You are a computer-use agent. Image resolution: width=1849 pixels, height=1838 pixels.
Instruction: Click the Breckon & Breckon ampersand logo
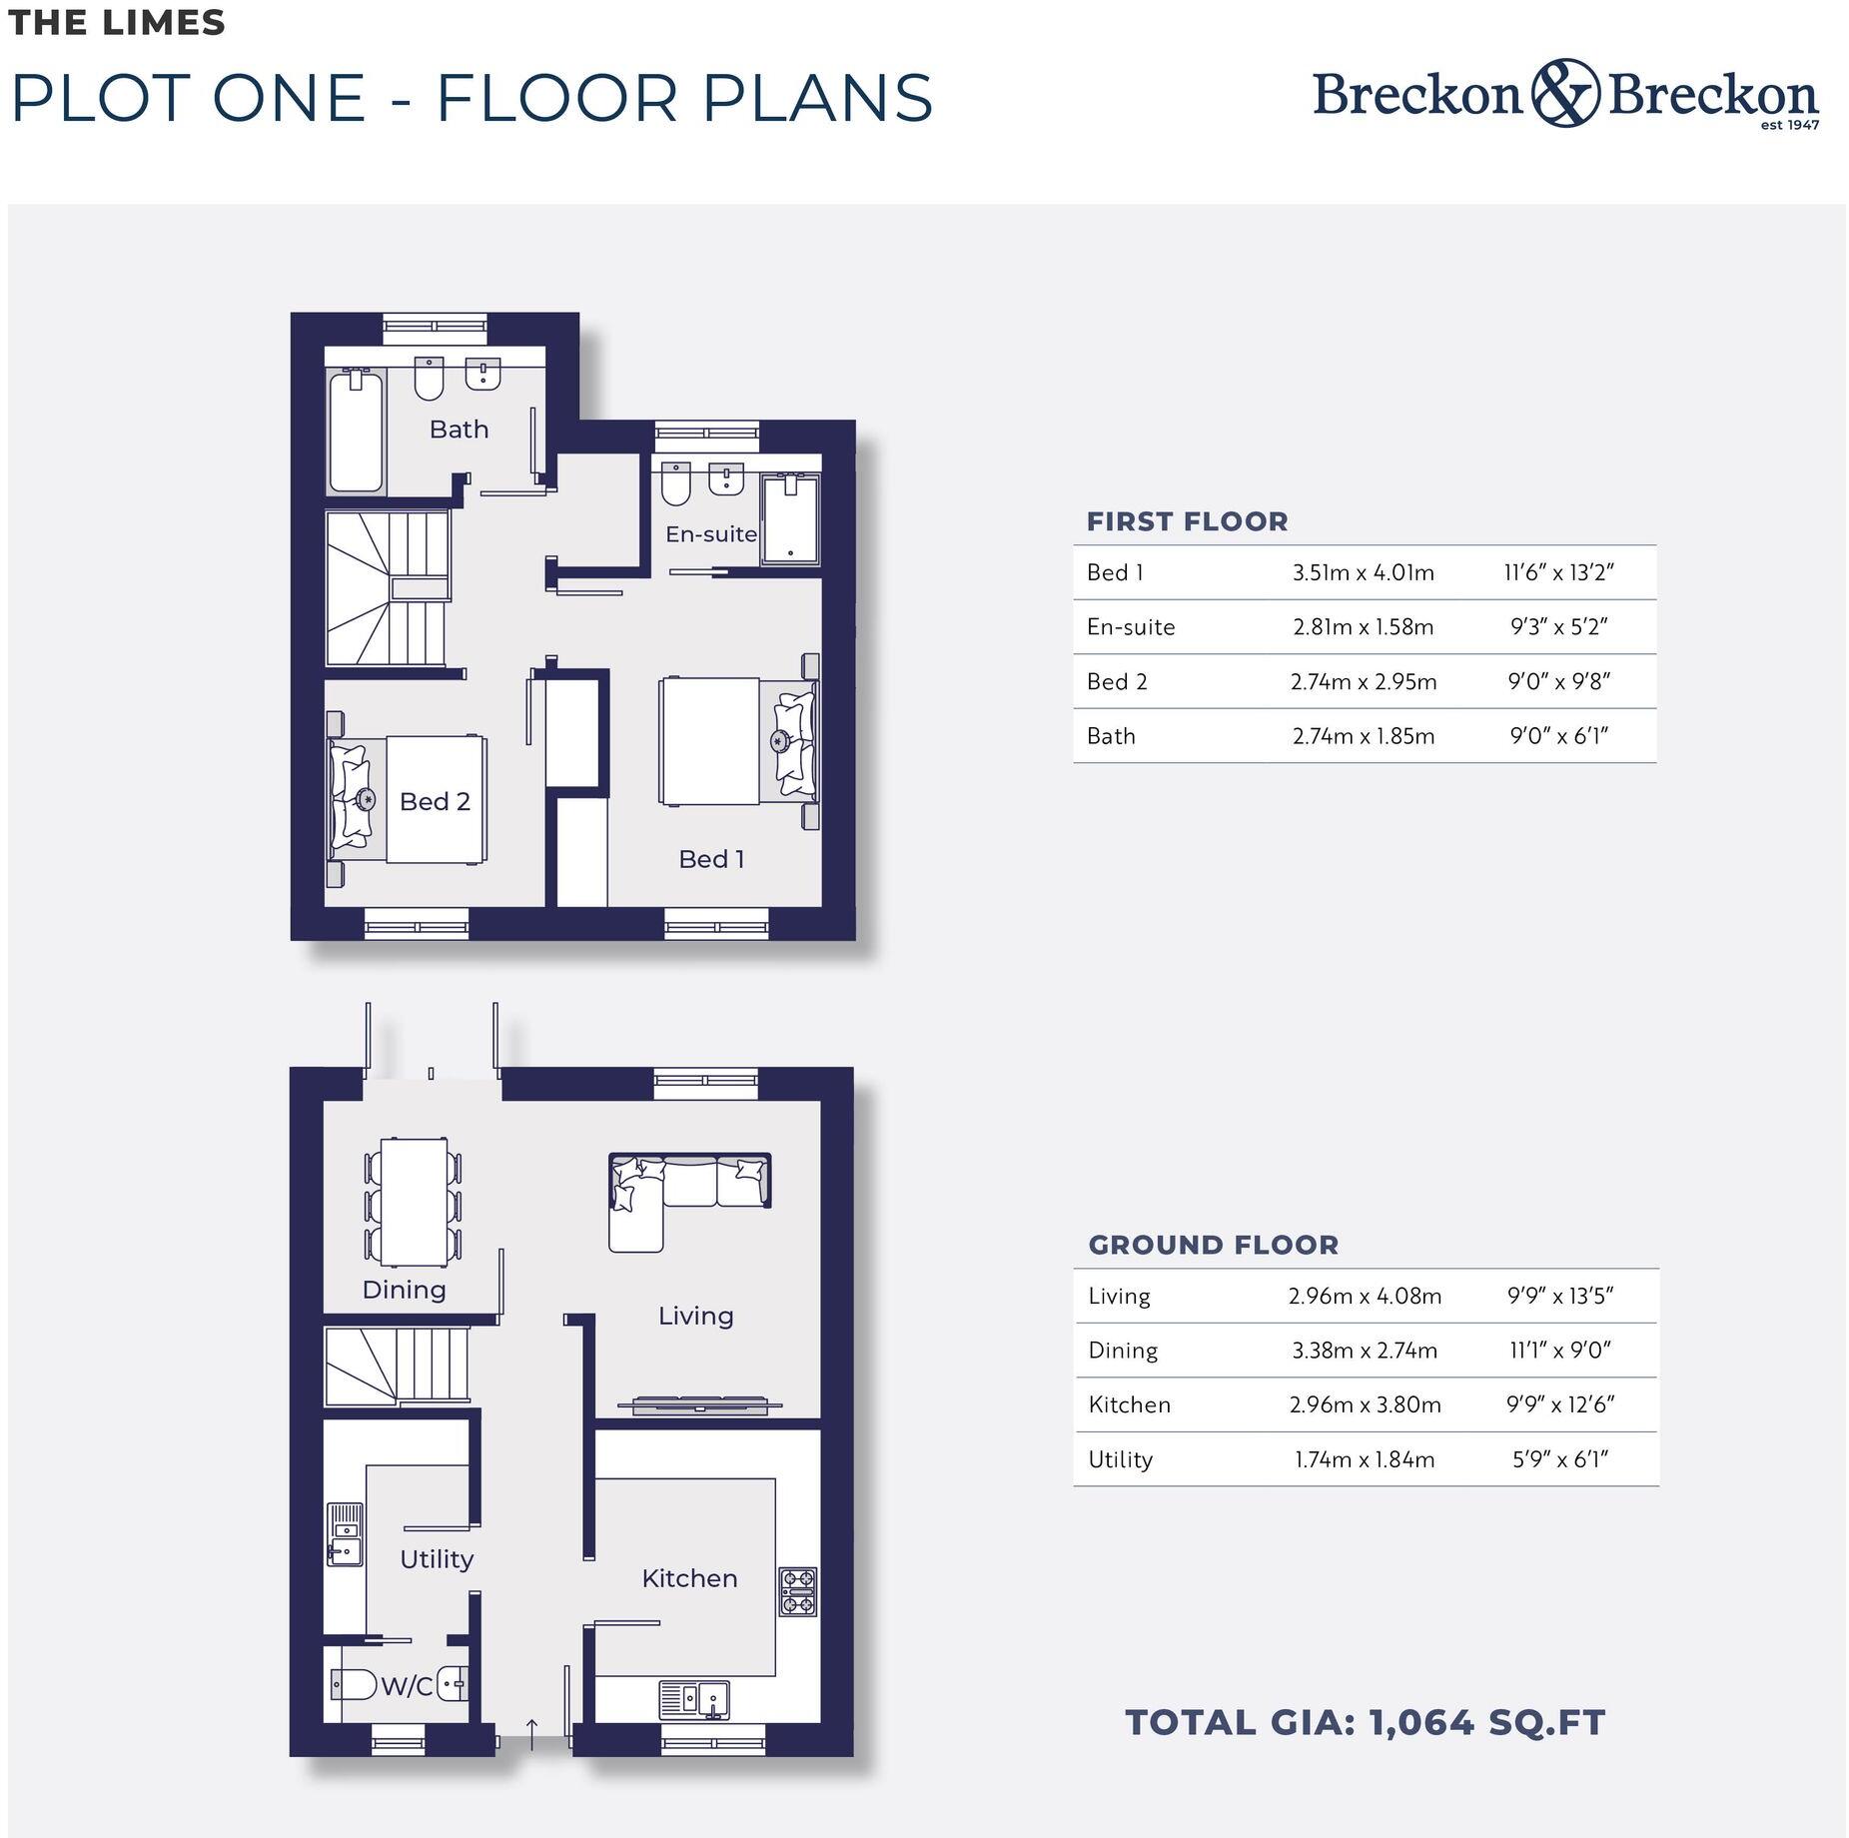tap(1564, 93)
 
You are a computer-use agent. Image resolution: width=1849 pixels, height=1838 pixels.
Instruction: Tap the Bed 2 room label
tap(435, 801)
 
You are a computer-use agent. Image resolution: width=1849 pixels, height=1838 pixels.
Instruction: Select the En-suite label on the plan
tap(711, 534)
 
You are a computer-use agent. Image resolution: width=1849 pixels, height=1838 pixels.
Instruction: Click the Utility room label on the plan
tap(437, 1559)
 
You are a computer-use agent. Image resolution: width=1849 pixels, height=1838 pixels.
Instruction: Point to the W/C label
tap(407, 1686)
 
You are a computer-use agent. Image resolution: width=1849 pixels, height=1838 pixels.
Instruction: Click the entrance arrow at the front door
tap(532, 1734)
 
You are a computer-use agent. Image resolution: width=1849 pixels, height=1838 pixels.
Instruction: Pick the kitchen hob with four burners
tap(797, 1591)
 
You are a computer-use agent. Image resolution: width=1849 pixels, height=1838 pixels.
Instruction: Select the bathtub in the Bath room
tap(356, 432)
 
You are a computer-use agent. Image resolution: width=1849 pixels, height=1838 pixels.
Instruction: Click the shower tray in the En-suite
tap(790, 520)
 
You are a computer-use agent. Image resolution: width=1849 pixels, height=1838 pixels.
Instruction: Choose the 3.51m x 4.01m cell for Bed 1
tap(1363, 572)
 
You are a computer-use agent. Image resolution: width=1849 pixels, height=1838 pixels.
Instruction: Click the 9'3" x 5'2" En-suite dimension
tap(1558, 627)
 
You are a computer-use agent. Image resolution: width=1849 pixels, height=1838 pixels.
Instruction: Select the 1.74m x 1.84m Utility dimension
tap(1365, 1459)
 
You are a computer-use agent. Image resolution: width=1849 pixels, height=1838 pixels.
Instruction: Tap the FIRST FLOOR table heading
tap(1187, 521)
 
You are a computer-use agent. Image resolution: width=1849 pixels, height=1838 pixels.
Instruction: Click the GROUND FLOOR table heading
tap(1213, 1245)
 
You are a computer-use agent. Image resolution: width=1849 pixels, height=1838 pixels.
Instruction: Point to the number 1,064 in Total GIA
tap(1420, 1722)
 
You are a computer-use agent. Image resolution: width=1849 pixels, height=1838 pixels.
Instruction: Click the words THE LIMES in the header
tap(117, 23)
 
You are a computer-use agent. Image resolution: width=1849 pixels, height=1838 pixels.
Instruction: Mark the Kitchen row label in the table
tap(1129, 1404)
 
